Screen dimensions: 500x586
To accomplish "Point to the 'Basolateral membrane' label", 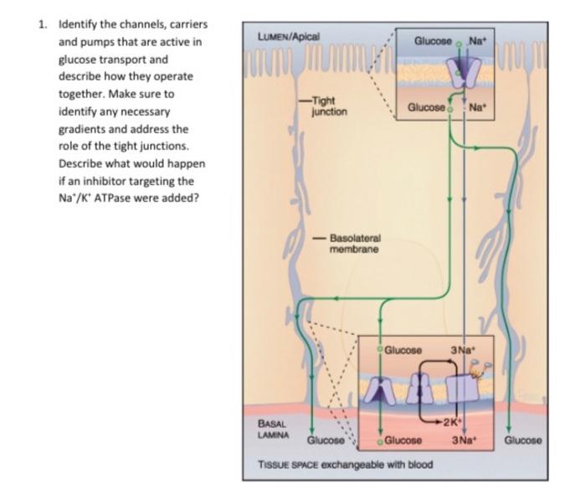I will click(355, 244).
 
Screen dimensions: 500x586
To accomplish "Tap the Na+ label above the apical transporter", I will click(478, 40).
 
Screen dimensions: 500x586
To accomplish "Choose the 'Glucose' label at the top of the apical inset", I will click(433, 40).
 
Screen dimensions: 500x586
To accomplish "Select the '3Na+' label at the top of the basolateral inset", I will click(463, 349).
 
